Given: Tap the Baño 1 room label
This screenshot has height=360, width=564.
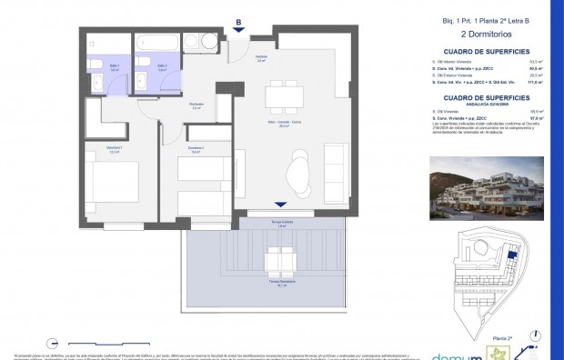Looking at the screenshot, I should [101, 66].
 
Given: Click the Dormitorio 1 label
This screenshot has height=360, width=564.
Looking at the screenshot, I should [90, 150].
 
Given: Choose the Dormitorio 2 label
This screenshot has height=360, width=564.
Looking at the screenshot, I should [196, 150].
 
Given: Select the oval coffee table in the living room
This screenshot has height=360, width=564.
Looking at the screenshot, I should [297, 168].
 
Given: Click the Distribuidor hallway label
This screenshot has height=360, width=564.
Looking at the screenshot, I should [195, 105].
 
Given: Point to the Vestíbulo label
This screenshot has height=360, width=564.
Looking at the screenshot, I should [260, 58].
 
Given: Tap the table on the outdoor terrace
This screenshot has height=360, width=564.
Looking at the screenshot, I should [279, 263].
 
